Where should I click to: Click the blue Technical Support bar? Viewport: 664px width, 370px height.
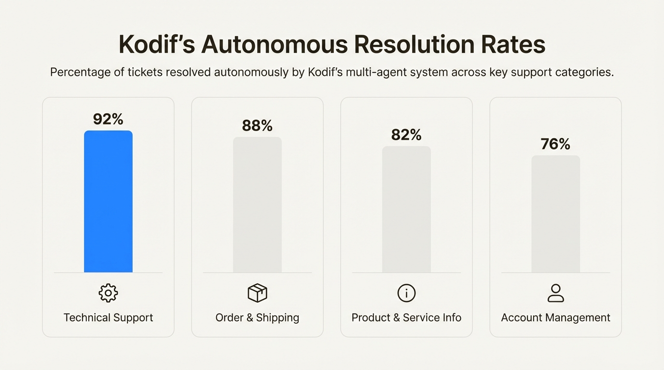click(108, 201)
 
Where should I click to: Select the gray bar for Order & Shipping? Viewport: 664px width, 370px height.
click(257, 205)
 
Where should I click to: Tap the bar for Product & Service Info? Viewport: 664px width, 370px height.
click(406, 210)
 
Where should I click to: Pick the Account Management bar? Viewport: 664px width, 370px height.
click(555, 214)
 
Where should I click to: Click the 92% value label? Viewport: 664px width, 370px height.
click(108, 119)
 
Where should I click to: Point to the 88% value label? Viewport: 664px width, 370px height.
click(257, 126)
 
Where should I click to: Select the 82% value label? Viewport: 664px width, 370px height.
click(406, 135)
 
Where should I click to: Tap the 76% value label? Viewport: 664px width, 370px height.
click(555, 144)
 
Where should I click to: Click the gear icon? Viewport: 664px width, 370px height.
click(108, 293)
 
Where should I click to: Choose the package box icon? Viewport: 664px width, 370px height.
click(257, 293)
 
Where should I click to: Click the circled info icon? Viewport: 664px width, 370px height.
click(406, 293)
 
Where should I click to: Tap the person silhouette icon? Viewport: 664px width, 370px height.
click(555, 293)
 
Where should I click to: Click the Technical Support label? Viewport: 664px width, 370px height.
click(108, 318)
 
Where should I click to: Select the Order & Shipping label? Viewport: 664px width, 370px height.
click(257, 318)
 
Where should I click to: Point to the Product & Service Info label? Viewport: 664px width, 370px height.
click(406, 318)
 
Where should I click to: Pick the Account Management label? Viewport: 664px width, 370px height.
click(555, 318)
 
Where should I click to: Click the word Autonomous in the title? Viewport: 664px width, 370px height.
click(274, 45)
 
